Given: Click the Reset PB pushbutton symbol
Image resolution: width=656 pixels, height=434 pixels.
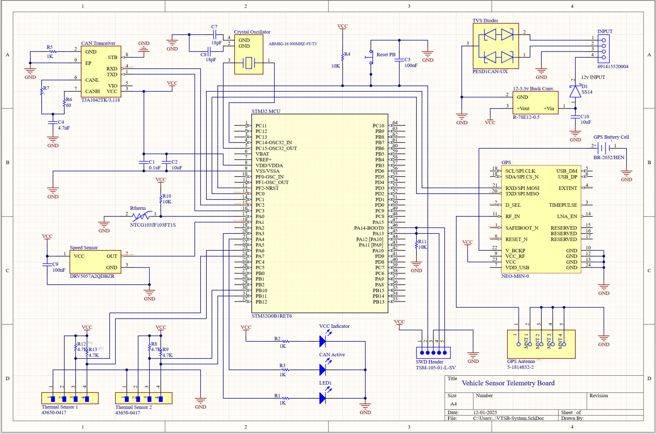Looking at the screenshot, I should [370, 57].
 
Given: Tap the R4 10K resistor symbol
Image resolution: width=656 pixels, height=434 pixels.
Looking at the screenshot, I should [343, 57].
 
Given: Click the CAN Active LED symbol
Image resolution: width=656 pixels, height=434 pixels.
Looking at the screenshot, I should [323, 369].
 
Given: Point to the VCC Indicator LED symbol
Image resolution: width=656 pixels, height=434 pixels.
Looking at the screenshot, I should [323, 341].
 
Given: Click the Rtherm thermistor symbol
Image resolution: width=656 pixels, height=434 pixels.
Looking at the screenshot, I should [142, 216].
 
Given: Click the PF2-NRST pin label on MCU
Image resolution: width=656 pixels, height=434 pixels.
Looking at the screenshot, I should [267, 188].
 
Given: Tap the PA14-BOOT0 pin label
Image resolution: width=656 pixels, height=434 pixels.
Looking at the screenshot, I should [369, 228].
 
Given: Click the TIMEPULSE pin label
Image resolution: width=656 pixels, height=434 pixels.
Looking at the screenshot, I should [563, 205].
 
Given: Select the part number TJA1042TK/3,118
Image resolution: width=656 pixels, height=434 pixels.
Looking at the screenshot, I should [101, 100].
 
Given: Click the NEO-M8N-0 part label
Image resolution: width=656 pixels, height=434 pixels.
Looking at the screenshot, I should [515, 276].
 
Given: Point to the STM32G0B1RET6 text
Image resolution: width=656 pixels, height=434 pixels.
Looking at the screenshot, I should [272, 316].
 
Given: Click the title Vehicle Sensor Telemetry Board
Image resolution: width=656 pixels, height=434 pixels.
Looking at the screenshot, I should [508, 383].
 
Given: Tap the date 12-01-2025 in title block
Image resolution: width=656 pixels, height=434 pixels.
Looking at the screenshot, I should [485, 413].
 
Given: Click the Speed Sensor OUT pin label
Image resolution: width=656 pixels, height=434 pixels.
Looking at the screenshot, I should [112, 256].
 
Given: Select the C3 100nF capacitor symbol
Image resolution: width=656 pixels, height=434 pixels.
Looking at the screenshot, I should [399, 60].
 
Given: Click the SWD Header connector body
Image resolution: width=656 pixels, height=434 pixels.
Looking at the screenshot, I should [433, 353].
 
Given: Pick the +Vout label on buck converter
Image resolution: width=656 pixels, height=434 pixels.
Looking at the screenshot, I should [523, 108].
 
